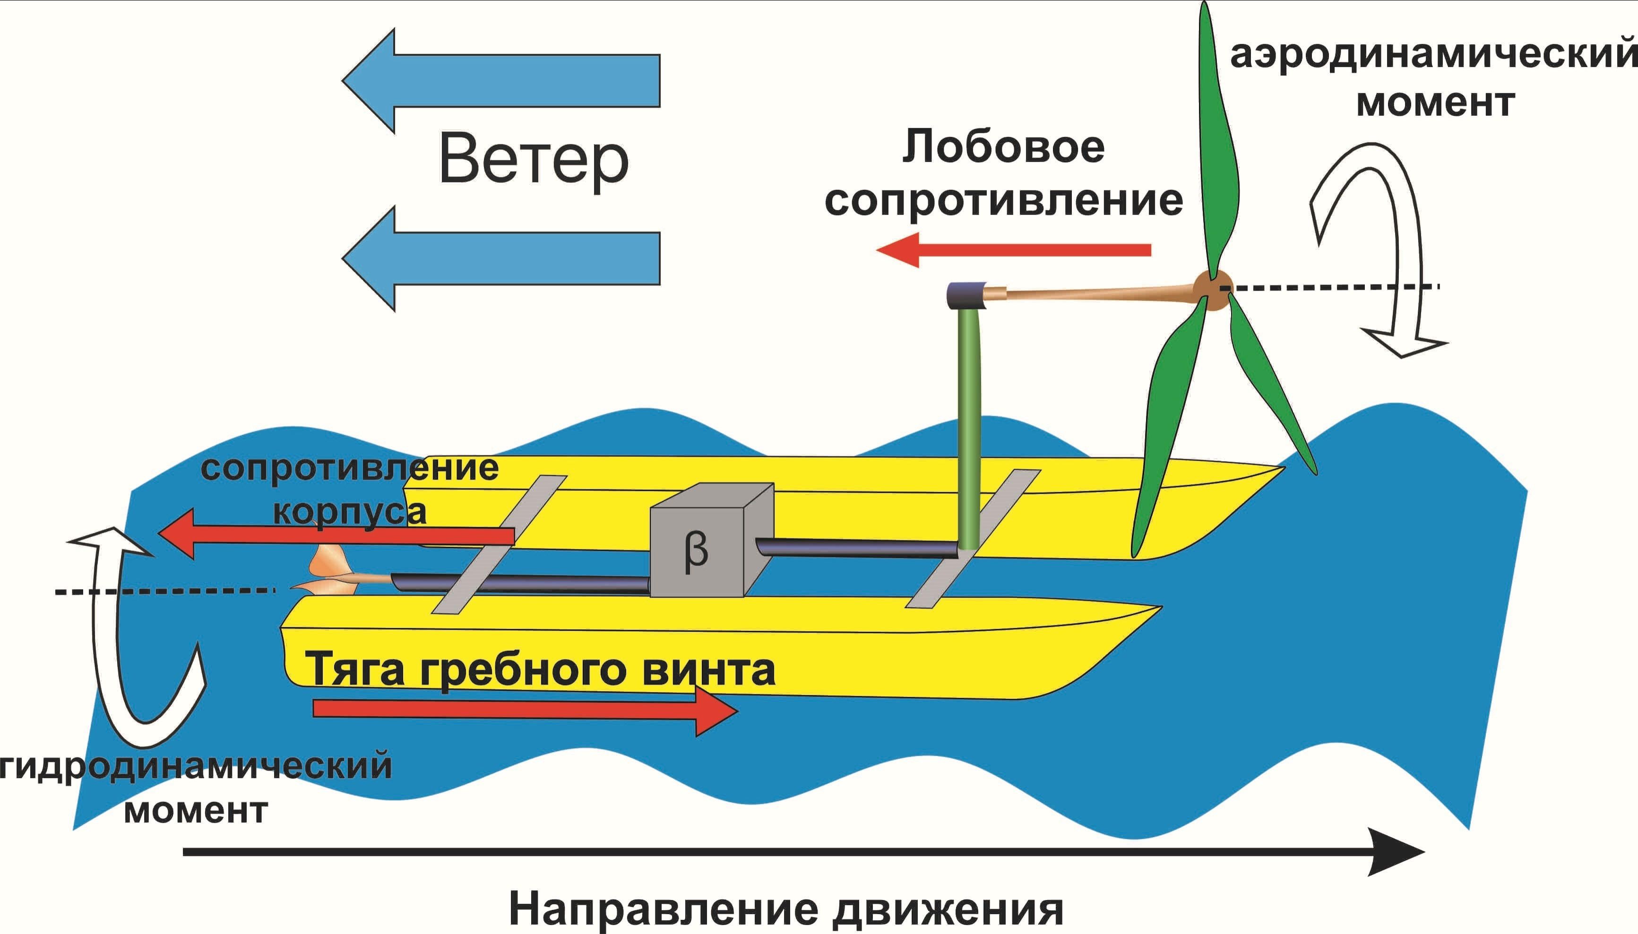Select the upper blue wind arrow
(x=500, y=81)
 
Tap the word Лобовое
(x=1003, y=147)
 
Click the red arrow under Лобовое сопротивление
(x=1014, y=249)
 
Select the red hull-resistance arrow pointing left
(x=336, y=534)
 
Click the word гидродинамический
(x=196, y=768)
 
